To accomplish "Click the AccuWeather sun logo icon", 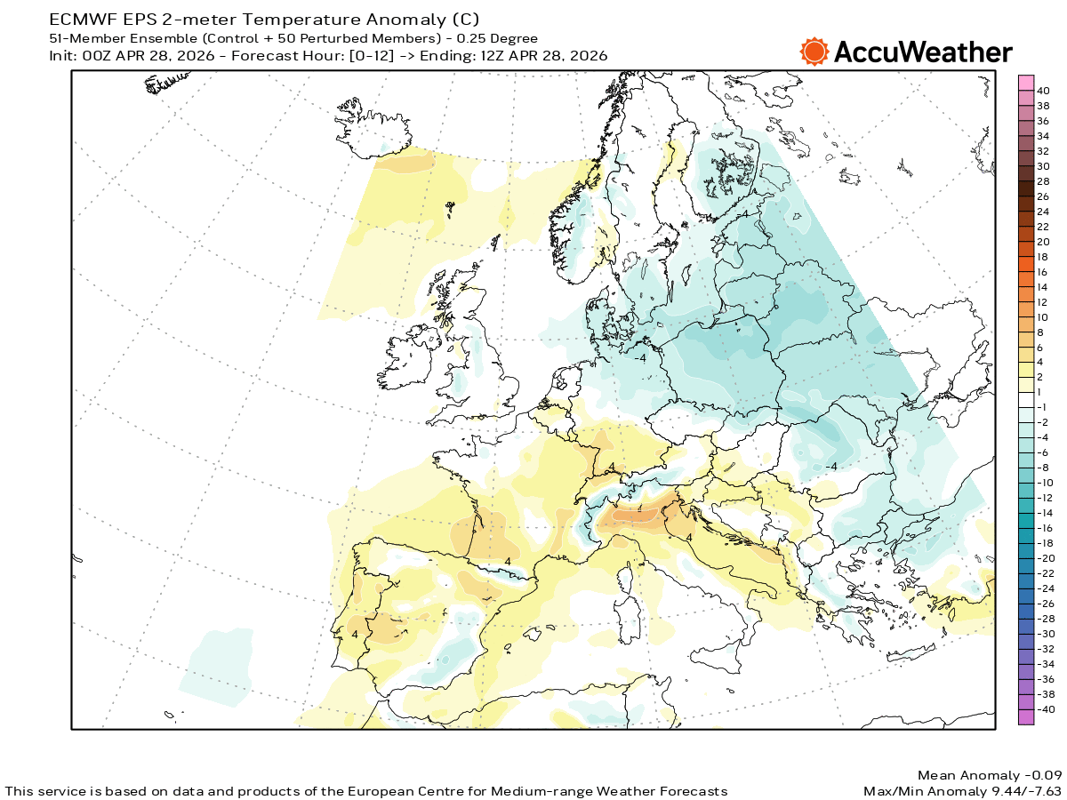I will pyautogui.click(x=814, y=52).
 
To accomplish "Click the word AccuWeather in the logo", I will pyautogui.click(x=922, y=52).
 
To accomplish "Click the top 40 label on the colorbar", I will pyautogui.click(x=1043, y=91).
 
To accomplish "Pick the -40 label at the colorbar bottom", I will pyautogui.click(x=1046, y=709).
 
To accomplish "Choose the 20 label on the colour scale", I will pyautogui.click(x=1043, y=243).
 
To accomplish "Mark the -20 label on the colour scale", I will pyautogui.click(x=1046, y=557).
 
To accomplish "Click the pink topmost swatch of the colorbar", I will pyautogui.click(x=1025, y=83).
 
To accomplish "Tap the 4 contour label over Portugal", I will pyautogui.click(x=355, y=635).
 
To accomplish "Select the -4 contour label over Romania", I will pyautogui.click(x=830, y=467).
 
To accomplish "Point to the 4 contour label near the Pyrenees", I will pyautogui.click(x=508, y=562).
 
